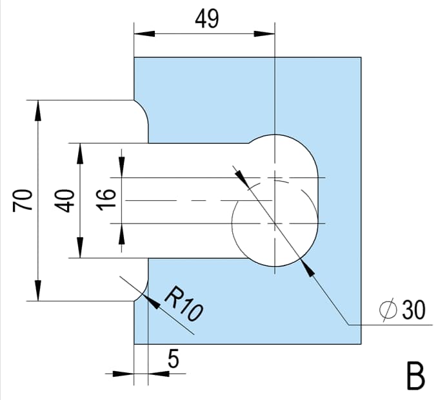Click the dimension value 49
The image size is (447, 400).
pos(206,19)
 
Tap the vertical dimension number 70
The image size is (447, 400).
pos(23,200)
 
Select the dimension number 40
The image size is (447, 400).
pos(65,200)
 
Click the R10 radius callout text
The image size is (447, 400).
pos(183,303)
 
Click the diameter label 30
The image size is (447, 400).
pos(413,310)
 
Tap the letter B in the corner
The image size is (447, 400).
pos(416,374)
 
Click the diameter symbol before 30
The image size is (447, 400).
pos(388,310)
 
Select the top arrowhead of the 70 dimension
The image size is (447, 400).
pos(38,110)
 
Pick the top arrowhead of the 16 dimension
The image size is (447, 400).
pos(121,168)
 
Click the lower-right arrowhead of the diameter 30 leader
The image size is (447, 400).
pos(308,269)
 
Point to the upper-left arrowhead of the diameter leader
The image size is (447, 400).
pos(241,178)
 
